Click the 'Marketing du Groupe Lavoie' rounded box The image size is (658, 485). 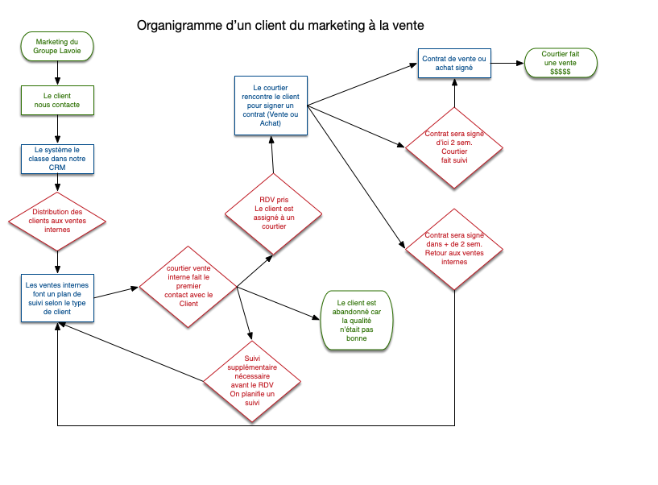[x=57, y=46]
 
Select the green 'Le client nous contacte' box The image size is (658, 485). [x=57, y=100]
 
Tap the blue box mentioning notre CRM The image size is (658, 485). [x=57, y=159]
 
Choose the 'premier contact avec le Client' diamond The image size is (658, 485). [x=188, y=287]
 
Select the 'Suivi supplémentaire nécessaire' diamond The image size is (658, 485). [x=252, y=378]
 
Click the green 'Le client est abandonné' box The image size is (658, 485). [x=354, y=320]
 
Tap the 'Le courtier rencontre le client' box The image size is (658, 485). [x=270, y=106]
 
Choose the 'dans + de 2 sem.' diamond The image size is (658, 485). [x=454, y=247]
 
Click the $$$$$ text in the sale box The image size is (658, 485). [x=561, y=73]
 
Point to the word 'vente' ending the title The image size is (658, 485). [x=407, y=26]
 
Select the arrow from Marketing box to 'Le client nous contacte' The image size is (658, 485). [x=57, y=72]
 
